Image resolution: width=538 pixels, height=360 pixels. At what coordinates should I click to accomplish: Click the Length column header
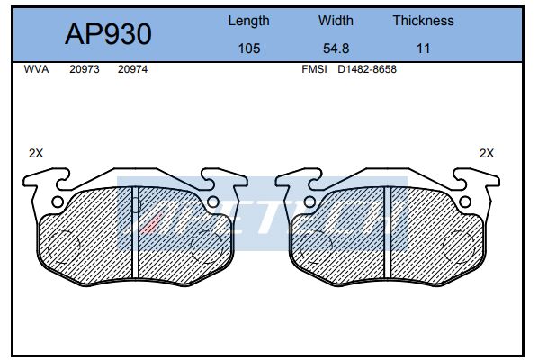tap(248, 20)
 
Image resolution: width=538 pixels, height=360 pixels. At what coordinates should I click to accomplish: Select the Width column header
tap(336, 20)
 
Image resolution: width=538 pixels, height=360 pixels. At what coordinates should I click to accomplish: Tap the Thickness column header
tap(423, 20)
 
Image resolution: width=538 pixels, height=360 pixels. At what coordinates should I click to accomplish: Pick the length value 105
tap(248, 49)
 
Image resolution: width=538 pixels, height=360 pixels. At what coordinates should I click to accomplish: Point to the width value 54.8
tap(336, 49)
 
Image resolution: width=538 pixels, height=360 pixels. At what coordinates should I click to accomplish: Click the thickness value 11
tap(423, 49)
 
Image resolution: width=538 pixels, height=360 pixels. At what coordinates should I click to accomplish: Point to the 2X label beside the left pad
tap(35, 153)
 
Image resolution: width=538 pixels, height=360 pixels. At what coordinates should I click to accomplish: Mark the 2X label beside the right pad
tap(487, 153)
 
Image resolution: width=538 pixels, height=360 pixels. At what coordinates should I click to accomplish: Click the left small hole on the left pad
tap(58, 201)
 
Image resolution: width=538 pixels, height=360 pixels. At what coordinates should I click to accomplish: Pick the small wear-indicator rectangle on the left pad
tap(135, 204)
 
